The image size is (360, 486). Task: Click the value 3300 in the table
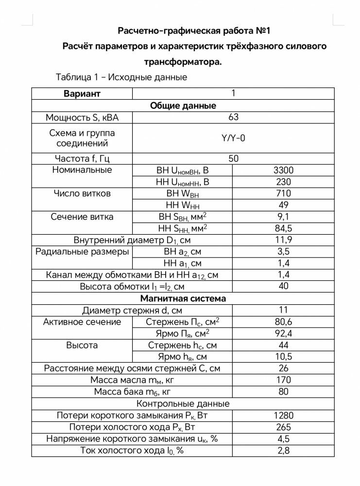283,170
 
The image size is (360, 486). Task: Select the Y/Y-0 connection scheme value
233,138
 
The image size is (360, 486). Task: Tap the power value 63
233,117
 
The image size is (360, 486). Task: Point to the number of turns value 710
283,193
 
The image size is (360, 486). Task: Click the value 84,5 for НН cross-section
283,228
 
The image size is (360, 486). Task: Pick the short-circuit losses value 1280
283,416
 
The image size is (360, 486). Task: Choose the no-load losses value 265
283,427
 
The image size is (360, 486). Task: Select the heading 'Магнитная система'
183,298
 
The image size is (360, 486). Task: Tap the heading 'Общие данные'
183,105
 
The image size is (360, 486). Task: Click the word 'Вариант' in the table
82,94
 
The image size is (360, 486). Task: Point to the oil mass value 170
283,380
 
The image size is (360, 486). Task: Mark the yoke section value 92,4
283,333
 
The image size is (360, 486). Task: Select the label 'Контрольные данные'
183,404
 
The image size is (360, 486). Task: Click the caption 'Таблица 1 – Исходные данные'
121,77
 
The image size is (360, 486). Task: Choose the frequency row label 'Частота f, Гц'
82,158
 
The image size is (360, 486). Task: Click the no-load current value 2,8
283,451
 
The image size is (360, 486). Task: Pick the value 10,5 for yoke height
283,357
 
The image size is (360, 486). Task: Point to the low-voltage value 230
283,182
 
